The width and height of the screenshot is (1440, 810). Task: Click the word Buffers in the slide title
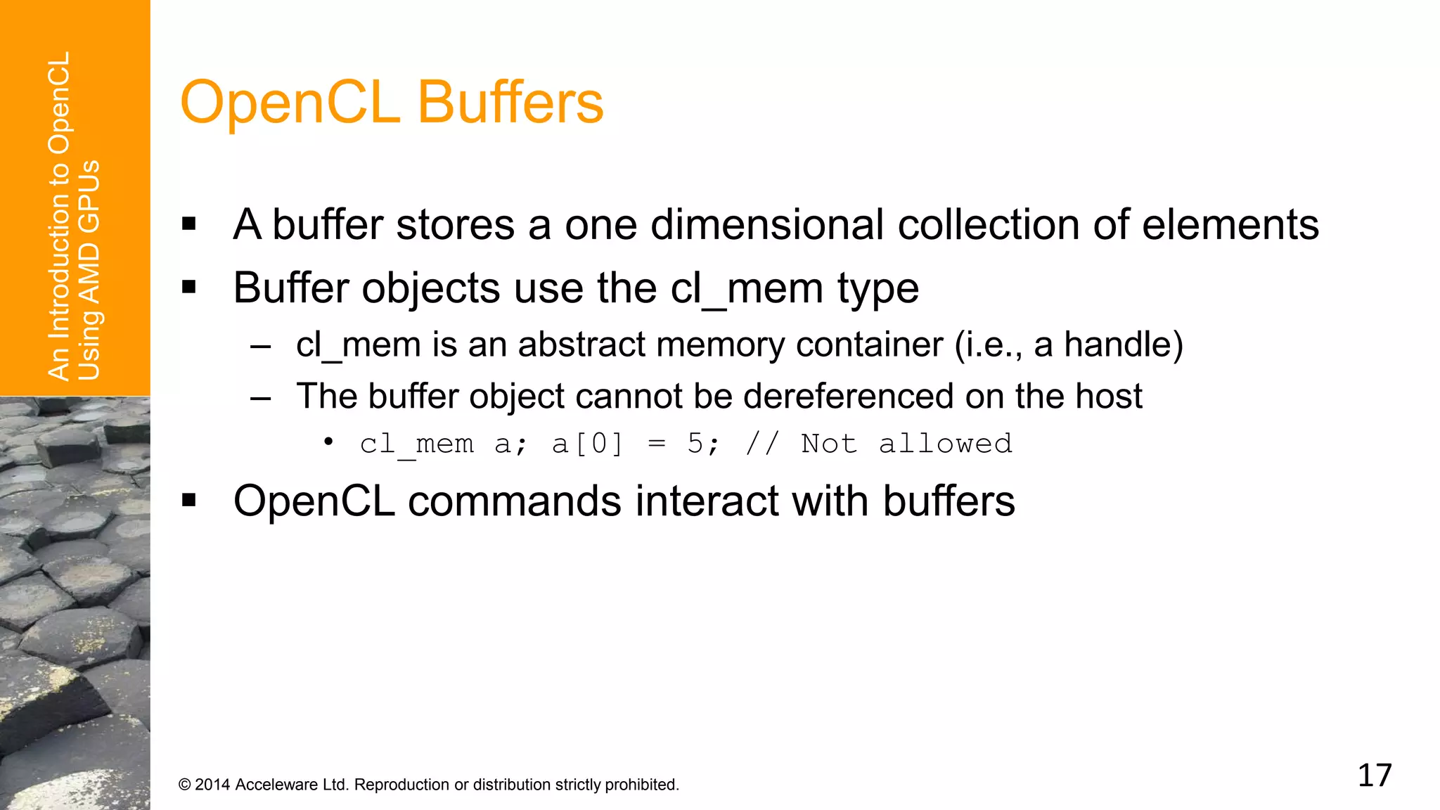pos(510,103)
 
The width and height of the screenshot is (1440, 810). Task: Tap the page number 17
pos(1375,776)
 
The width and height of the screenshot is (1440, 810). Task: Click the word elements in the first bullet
pos(1230,225)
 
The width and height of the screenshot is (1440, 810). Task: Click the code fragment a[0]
pos(588,444)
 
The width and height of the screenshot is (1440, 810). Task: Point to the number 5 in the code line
pos(696,444)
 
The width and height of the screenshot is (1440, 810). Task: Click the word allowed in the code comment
pos(946,444)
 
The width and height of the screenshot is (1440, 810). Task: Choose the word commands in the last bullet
pos(515,501)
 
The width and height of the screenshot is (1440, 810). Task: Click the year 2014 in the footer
pos(212,785)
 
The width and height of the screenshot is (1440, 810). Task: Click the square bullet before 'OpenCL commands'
pos(188,501)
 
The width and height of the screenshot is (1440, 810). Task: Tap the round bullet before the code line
pos(328,442)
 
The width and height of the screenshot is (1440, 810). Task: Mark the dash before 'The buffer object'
pos(261,398)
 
